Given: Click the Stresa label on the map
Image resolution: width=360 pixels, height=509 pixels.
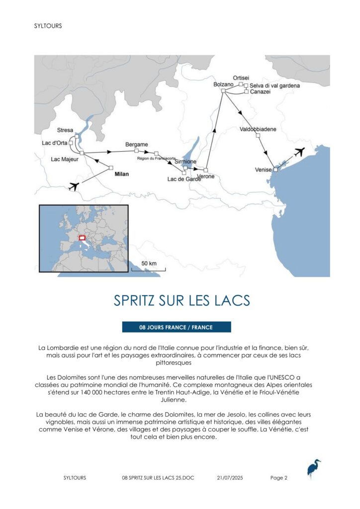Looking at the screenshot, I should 65,130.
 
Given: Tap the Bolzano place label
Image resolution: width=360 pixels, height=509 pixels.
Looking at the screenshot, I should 223,85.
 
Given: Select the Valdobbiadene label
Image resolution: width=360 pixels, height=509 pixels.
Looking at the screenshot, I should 258,129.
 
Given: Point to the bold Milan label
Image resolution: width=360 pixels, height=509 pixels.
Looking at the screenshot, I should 121,174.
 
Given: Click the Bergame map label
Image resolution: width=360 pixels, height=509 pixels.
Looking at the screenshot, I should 137,145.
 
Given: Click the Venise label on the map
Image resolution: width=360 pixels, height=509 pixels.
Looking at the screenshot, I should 263,170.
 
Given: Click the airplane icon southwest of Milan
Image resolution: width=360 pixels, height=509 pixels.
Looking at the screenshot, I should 74,186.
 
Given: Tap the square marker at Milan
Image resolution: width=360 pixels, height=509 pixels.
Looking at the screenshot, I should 111,168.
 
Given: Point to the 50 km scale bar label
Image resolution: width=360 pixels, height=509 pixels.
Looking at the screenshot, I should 149,263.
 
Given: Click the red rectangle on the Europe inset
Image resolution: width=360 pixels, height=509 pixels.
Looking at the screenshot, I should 83,238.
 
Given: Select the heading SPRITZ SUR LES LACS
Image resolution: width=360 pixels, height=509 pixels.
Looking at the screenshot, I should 181,301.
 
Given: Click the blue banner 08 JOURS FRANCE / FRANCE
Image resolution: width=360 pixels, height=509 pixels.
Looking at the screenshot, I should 177,327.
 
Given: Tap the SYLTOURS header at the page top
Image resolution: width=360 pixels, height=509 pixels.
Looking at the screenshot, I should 48,26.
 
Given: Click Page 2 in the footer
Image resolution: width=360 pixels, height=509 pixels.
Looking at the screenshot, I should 279,478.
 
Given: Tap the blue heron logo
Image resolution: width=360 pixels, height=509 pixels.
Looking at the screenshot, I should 313,469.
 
